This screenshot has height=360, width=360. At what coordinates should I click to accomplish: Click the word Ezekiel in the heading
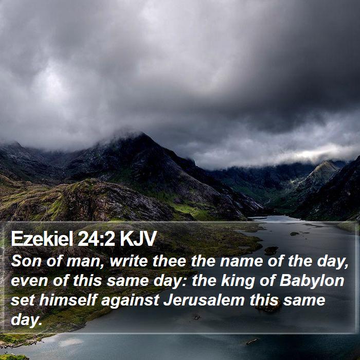[x=42, y=238]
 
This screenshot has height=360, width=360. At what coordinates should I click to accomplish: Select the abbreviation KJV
[x=138, y=238]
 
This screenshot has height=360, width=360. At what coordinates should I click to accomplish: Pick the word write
[x=129, y=261]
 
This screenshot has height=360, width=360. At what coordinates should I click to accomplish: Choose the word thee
[x=169, y=261]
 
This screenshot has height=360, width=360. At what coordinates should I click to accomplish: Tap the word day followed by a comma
[x=333, y=262]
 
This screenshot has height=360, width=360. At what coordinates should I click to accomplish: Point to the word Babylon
[x=312, y=281]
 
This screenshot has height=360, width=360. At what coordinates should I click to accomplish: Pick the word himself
[x=68, y=300]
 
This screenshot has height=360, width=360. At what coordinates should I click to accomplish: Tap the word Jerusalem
[x=204, y=300]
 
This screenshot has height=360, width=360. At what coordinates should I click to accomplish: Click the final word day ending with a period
[x=27, y=319]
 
